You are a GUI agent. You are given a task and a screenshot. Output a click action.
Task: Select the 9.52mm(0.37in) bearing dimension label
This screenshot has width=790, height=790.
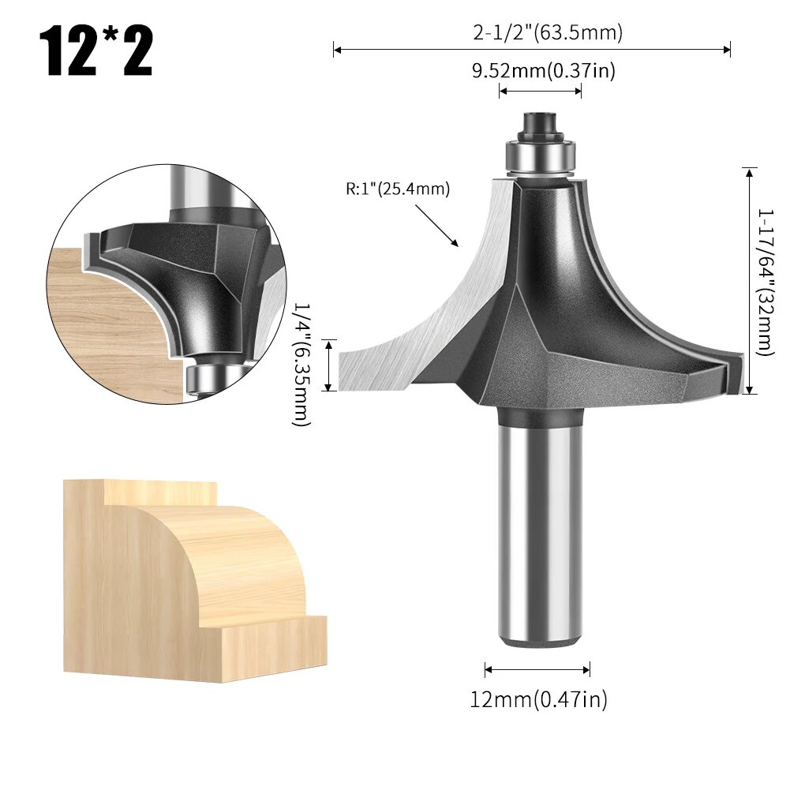[543, 71]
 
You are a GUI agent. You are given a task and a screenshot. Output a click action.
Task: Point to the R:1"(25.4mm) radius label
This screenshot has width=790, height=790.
[397, 189]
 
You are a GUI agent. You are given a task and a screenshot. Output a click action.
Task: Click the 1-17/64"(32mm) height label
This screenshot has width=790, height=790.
[765, 282]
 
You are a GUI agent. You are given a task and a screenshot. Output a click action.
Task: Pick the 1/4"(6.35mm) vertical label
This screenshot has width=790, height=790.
[301, 365]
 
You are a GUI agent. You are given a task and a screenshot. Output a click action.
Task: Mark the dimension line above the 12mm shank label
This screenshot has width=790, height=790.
[537, 670]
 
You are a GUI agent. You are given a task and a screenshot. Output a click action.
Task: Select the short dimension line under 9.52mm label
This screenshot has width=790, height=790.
[541, 92]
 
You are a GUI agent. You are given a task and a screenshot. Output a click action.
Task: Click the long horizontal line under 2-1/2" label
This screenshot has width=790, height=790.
[532, 51]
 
